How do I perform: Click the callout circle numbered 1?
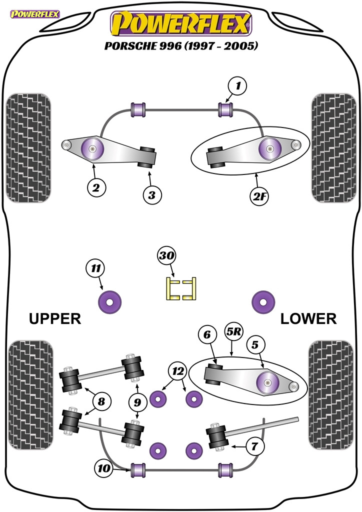(x=238, y=86)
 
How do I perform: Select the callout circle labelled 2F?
(x=259, y=196)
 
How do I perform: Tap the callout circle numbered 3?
(x=152, y=194)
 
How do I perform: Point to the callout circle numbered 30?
(x=167, y=256)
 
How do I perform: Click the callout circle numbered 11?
(x=95, y=268)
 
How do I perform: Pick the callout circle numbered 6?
(x=206, y=335)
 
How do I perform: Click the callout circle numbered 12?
(x=178, y=371)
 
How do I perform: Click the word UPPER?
(x=55, y=318)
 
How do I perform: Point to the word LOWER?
(x=308, y=318)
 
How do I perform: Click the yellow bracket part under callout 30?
(x=180, y=289)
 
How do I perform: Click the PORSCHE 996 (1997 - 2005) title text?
(x=181, y=46)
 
